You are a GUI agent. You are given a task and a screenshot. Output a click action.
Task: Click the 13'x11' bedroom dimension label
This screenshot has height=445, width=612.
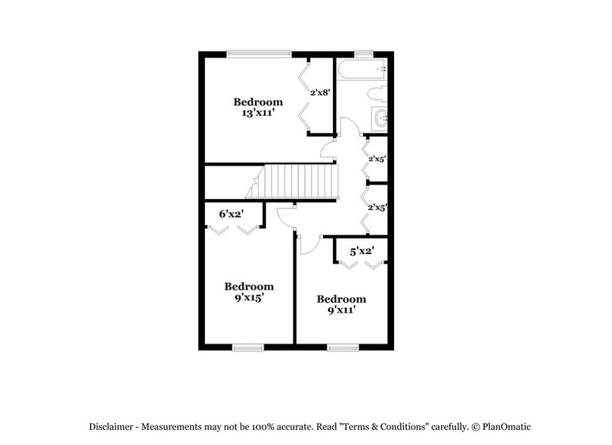257,113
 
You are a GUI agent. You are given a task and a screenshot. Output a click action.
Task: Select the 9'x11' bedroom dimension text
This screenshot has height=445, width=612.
341,310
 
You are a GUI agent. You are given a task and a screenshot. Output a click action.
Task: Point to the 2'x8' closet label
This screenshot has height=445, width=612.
319,92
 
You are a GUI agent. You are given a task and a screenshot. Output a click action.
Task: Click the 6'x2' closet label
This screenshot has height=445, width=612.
230,214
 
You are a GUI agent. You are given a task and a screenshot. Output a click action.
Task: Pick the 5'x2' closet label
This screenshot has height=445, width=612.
361,250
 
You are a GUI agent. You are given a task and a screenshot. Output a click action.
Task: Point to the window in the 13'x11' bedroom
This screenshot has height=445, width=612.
259,53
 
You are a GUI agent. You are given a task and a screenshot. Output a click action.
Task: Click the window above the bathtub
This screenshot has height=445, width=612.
363,53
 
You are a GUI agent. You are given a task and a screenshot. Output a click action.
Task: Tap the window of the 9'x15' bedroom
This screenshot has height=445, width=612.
247,347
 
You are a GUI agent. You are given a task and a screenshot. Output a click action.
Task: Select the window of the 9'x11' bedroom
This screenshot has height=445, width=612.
343,347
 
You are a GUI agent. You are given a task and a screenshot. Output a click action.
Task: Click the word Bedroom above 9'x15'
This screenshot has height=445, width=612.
248,286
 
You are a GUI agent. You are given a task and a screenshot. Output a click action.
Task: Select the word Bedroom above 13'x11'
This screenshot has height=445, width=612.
257,101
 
